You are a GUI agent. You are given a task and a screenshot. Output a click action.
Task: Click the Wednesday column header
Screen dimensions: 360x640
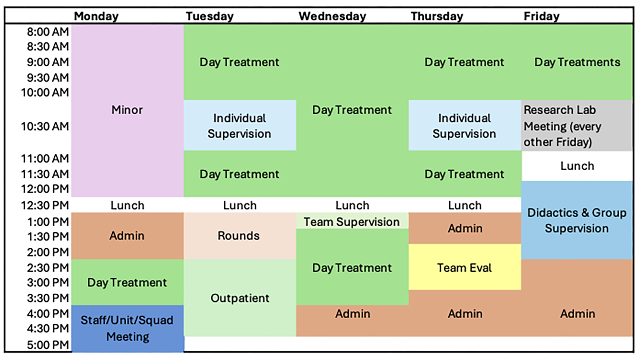[x=332, y=16]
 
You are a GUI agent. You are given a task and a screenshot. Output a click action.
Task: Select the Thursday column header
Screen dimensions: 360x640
[x=437, y=16]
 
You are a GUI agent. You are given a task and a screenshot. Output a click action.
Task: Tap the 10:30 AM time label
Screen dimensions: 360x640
[x=45, y=126]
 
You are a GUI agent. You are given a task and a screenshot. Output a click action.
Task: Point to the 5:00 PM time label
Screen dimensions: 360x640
[x=48, y=345]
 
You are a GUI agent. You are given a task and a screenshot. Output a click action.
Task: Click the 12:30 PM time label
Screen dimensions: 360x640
[x=45, y=205]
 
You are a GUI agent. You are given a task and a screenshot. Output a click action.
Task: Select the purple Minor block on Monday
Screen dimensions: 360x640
[x=127, y=110]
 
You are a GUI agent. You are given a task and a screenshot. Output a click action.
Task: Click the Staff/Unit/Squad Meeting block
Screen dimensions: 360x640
[x=127, y=328]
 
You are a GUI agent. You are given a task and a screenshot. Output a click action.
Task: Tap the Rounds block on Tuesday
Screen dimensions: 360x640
[x=239, y=236]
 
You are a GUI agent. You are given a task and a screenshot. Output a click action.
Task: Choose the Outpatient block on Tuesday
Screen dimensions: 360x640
[x=240, y=298]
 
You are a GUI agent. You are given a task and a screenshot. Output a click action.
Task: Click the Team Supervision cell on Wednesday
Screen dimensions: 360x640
[x=352, y=222]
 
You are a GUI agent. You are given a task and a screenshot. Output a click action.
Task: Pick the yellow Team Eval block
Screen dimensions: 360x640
[x=464, y=267]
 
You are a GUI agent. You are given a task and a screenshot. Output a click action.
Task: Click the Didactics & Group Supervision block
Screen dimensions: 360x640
[x=577, y=220]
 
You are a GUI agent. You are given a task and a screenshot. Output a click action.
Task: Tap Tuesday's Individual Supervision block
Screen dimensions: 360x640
[x=239, y=126]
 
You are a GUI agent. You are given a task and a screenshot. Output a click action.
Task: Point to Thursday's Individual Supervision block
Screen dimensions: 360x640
[x=464, y=126]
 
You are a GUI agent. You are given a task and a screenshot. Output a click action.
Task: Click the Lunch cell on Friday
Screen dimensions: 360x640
[x=577, y=166]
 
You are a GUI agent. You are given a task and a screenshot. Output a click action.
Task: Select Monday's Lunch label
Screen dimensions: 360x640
[x=127, y=205]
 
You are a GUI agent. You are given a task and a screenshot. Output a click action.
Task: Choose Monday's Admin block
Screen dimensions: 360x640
[x=127, y=236]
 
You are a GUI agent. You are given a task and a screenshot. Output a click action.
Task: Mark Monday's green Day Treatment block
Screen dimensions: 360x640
[x=127, y=283]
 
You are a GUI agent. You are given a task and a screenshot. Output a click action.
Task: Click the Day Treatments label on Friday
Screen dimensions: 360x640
[x=577, y=62]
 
